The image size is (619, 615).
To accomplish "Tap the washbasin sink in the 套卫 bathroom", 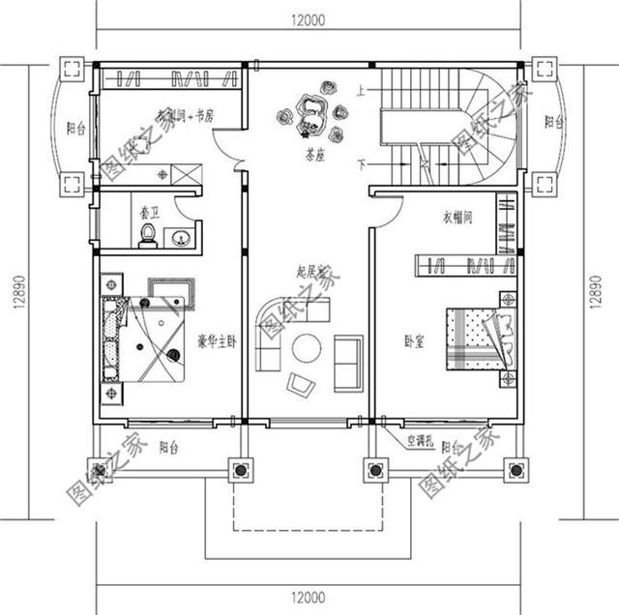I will (180, 235).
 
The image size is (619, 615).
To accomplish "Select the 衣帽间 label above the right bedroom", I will (457, 217).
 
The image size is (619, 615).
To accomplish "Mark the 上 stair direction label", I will (360, 91).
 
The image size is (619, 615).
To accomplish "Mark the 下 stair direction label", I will (362, 161).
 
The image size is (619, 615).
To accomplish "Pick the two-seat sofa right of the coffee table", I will (348, 363).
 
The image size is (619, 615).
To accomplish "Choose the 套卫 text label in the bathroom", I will (150, 207).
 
